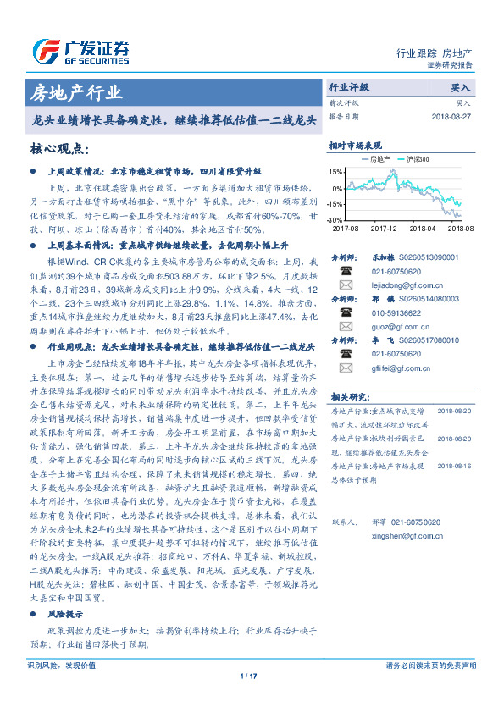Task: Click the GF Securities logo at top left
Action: (x=80, y=50)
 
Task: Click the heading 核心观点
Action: (x=59, y=150)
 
